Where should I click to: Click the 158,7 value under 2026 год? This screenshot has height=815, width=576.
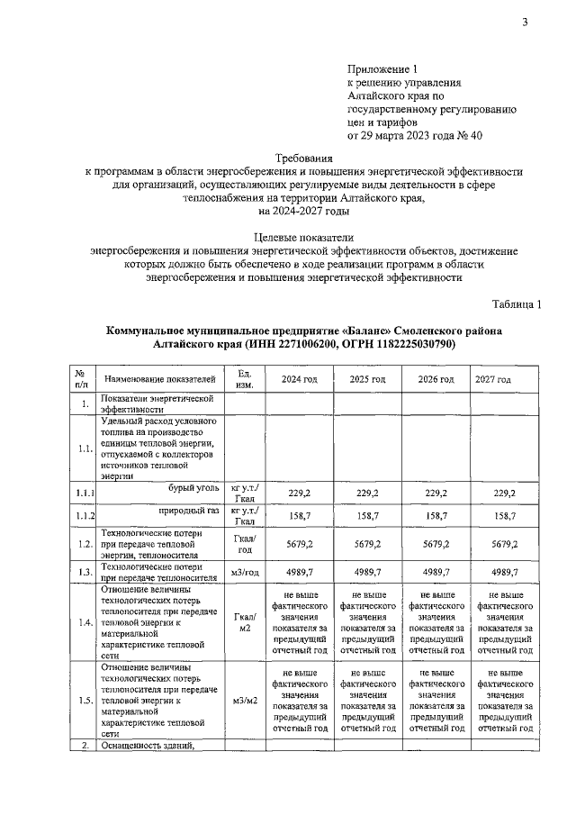pyautogui.click(x=436, y=516)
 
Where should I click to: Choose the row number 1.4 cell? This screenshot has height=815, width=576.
pyautogui.click(x=84, y=622)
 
